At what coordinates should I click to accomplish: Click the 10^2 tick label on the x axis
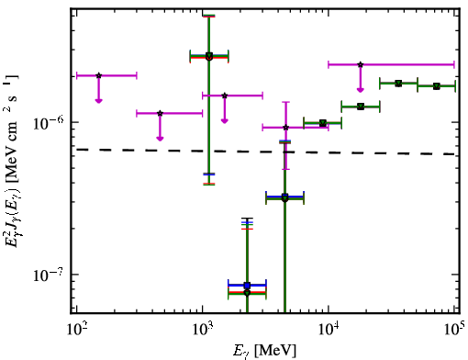point(76,331)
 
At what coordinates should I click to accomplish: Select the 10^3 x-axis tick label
point(202,331)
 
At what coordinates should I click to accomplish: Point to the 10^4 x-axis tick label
point(329,331)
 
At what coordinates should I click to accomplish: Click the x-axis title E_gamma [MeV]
point(264,351)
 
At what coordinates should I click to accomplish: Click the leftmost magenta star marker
point(98,75)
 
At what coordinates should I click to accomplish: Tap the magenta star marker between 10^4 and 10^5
point(361,64)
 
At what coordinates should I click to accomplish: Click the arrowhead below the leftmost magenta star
point(98,101)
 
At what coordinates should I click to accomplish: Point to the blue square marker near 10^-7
point(247,286)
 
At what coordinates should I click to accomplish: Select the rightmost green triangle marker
point(437,86)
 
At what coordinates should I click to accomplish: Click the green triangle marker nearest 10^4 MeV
point(323,123)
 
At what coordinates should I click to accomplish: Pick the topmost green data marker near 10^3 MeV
point(209,56)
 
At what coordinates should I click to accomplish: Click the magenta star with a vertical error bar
point(285,128)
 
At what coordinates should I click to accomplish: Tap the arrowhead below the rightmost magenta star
point(361,90)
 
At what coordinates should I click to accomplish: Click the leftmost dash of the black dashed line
point(83,150)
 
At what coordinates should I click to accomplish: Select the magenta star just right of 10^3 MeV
point(225,96)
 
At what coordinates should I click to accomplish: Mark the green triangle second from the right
point(398,84)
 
